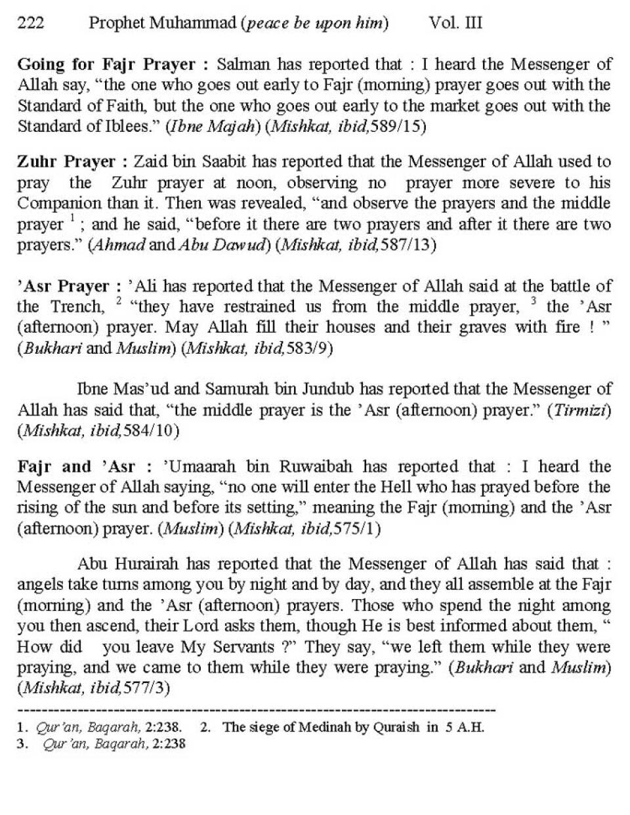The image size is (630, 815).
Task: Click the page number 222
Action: point(30,24)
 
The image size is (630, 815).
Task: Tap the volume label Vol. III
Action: point(455,24)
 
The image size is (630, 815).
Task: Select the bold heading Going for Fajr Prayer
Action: point(106,64)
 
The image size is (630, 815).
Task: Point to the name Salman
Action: point(243,64)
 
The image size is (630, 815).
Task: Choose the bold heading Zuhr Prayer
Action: point(66,161)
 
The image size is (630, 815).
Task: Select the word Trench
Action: point(77,306)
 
